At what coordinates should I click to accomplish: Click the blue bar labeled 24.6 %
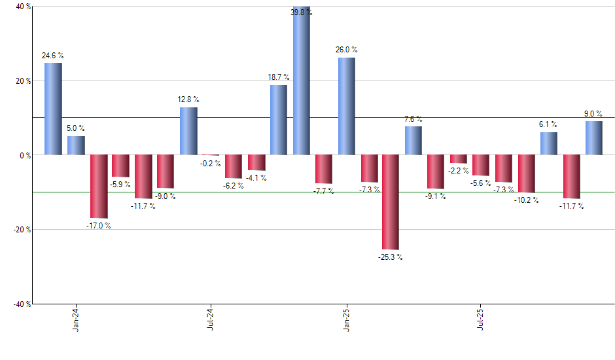(53, 109)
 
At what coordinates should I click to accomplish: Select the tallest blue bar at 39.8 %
(302, 81)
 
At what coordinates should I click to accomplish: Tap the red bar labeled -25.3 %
(391, 202)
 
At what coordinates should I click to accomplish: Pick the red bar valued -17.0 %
(99, 186)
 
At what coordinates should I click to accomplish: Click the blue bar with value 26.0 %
(347, 106)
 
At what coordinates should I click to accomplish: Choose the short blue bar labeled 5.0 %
(76, 145)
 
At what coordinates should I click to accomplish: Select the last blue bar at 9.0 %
(594, 138)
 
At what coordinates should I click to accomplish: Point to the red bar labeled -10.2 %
(527, 173)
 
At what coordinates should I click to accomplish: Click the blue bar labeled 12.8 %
(189, 131)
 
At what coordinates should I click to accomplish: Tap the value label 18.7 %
(279, 77)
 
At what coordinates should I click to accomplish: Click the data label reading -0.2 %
(211, 164)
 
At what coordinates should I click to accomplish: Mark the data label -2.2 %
(458, 171)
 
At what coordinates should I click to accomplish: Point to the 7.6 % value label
(413, 119)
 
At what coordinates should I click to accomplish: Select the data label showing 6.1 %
(548, 124)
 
